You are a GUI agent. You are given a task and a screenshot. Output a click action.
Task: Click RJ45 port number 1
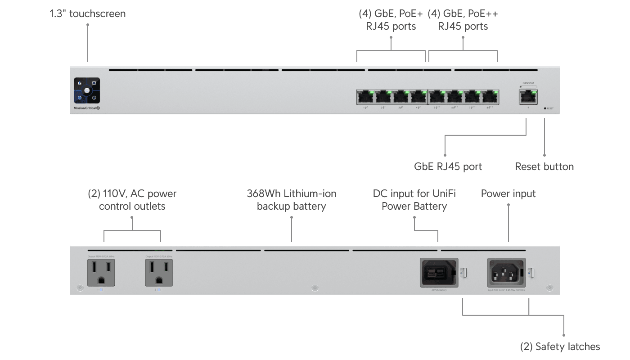(365, 96)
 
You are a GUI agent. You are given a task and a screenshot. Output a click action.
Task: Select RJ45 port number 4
(418, 96)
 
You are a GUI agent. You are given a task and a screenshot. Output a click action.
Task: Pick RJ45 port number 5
(437, 96)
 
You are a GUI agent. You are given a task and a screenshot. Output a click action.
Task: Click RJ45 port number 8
(490, 96)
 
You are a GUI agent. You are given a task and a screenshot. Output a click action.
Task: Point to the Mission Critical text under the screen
(85, 108)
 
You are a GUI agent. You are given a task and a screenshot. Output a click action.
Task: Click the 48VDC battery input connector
(439, 272)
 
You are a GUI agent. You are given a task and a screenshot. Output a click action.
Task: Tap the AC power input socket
(506, 272)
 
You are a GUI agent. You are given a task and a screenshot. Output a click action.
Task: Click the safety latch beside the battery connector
(465, 273)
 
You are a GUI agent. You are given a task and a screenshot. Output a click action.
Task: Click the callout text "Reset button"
(544, 166)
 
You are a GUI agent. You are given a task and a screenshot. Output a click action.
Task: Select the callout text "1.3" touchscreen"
(88, 13)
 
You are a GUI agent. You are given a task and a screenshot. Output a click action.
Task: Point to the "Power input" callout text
(508, 193)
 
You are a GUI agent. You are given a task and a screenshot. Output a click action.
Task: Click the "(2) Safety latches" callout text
(560, 346)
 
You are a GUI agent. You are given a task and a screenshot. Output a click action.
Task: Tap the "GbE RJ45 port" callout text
(448, 166)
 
